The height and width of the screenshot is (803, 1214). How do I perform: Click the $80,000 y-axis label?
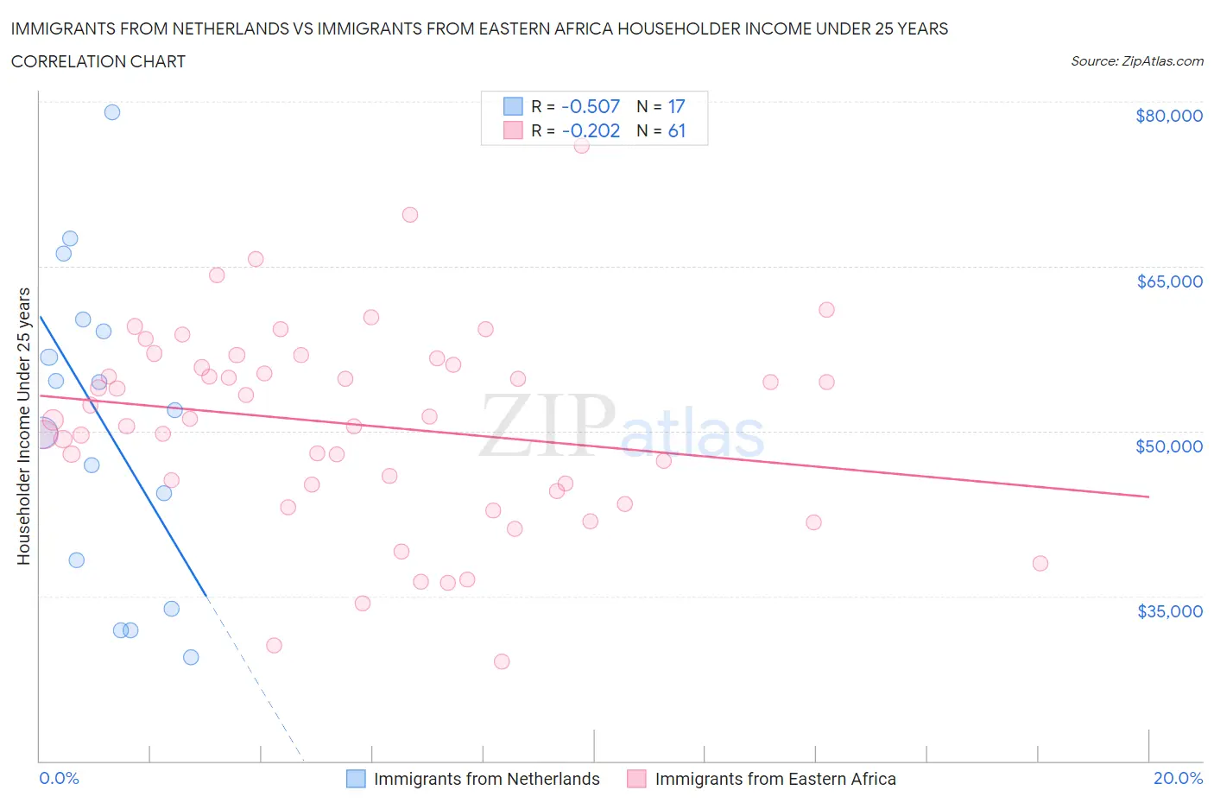[x=1168, y=116]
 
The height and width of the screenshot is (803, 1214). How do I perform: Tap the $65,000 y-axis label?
[x=1169, y=281]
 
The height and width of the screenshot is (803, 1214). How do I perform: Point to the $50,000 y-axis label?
[x=1168, y=446]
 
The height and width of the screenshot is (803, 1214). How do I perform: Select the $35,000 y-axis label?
[x=1169, y=611]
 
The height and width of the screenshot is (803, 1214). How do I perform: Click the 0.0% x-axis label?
[x=59, y=778]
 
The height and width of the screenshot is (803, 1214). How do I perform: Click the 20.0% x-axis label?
[x=1178, y=778]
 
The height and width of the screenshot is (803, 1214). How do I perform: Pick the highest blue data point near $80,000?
[x=112, y=112]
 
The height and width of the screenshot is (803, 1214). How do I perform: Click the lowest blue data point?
[x=191, y=657]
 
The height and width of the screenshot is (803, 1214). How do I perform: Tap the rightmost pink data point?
[x=1040, y=564]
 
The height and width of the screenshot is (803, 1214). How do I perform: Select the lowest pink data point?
[x=502, y=661]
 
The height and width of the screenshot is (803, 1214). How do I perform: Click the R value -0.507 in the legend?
[x=591, y=106]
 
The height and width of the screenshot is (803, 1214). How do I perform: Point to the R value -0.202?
[x=591, y=130]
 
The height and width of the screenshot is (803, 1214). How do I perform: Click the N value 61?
[x=677, y=130]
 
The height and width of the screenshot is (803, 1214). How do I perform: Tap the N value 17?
[x=676, y=106]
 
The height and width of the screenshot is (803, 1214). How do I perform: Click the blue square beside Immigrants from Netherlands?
[x=356, y=779]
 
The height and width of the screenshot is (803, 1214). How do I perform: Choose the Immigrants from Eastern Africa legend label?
[x=775, y=779]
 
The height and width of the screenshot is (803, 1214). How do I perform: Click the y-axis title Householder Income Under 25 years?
[x=24, y=426]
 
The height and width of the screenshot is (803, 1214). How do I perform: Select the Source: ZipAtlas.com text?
[x=1136, y=61]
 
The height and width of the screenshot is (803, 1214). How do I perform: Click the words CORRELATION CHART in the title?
[x=98, y=61]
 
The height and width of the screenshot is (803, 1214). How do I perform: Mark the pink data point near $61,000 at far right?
[x=826, y=310]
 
